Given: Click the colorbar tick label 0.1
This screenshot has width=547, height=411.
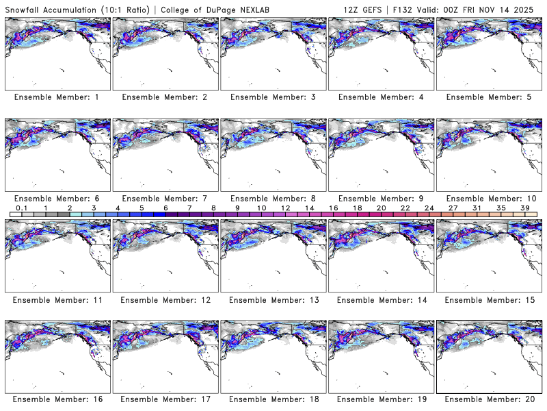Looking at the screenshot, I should click(x=22, y=208).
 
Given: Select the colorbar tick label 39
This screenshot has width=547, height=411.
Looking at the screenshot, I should click(x=524, y=208).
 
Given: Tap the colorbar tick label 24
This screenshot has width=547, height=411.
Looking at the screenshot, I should click(x=429, y=208).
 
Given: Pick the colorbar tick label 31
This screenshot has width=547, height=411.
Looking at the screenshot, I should click(x=477, y=208).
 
